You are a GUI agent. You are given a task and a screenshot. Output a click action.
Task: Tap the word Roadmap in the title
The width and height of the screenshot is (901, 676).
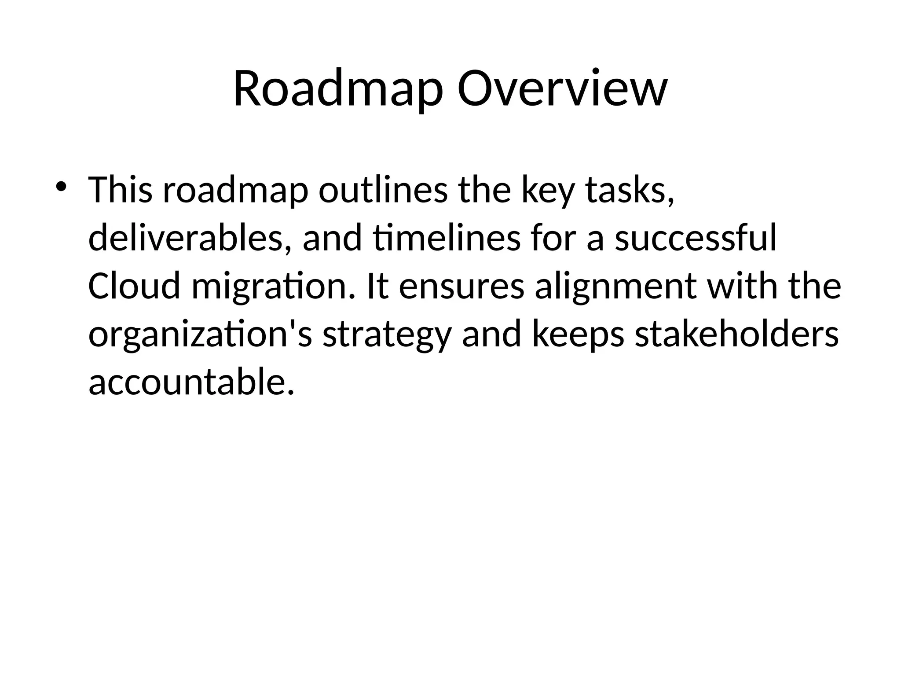point(338,90)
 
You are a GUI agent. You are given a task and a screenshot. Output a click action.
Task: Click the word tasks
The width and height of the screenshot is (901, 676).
point(630,190)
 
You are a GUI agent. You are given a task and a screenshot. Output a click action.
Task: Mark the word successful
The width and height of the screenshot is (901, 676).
point(696,238)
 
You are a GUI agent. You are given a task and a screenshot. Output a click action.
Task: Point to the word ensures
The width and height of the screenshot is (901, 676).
point(461,286)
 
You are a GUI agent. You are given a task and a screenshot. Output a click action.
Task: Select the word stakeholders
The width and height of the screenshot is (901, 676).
point(737,334)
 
